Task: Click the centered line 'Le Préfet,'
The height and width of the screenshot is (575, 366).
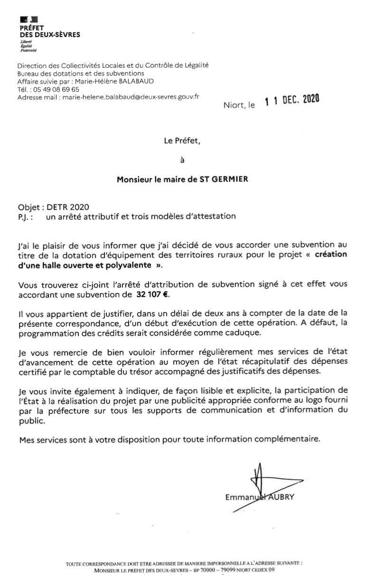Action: pyautogui.click(x=182, y=139)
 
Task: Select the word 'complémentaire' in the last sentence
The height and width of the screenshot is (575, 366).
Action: pyautogui.click(x=288, y=439)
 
